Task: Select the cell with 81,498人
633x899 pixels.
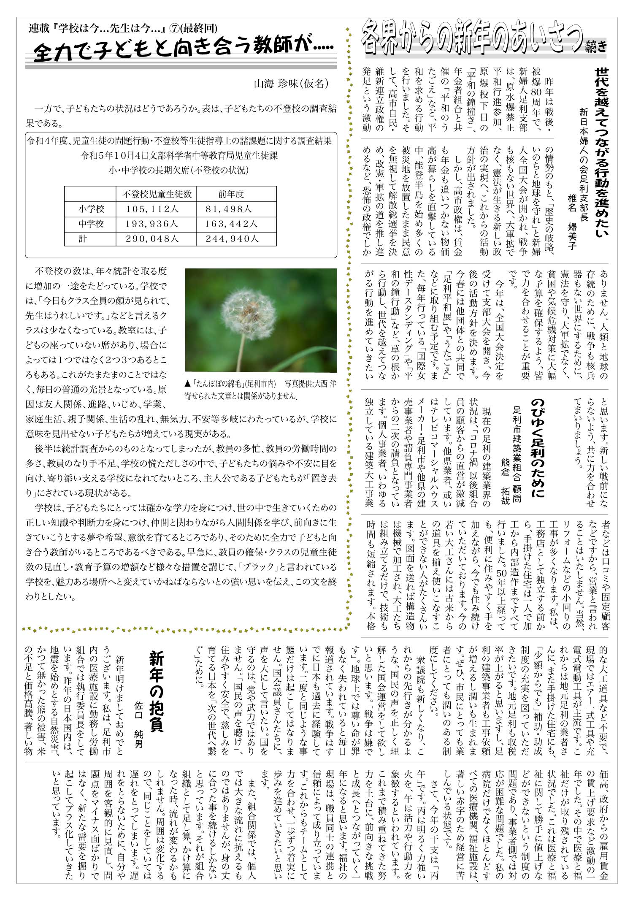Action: [229, 209]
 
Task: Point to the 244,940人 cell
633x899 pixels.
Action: [232, 239]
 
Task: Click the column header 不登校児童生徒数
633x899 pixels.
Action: [157, 194]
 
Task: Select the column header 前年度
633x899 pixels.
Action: [231, 194]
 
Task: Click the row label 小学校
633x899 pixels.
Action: [91, 209]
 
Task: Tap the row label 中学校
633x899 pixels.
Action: [91, 224]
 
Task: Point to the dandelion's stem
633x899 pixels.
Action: [242, 350]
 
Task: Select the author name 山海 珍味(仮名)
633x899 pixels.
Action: [291, 84]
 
